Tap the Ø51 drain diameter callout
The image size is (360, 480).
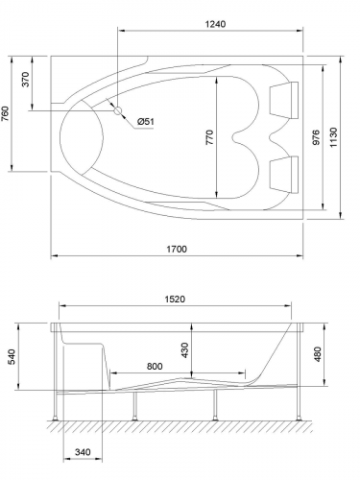pos(147,121)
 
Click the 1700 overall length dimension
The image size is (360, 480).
pos(175,249)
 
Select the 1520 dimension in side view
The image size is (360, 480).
pos(173,299)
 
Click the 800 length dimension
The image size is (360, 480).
pos(154,366)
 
